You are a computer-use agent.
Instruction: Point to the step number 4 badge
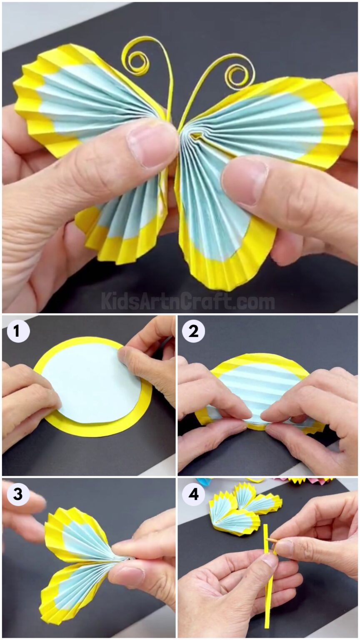[x=193, y=494]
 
